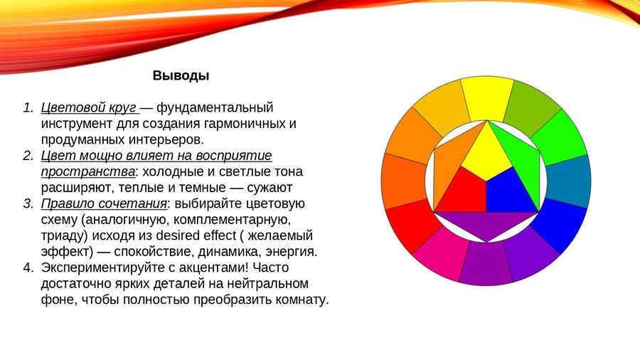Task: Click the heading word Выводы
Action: tap(181, 75)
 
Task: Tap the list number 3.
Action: tap(27, 203)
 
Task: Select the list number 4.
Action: tap(27, 268)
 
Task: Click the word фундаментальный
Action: tap(215, 108)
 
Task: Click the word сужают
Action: tap(270, 188)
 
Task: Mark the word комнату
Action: tap(302, 300)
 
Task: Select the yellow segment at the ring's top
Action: tap(486, 97)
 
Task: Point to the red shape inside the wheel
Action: tap(462, 191)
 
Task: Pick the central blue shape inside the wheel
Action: tap(509, 192)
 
